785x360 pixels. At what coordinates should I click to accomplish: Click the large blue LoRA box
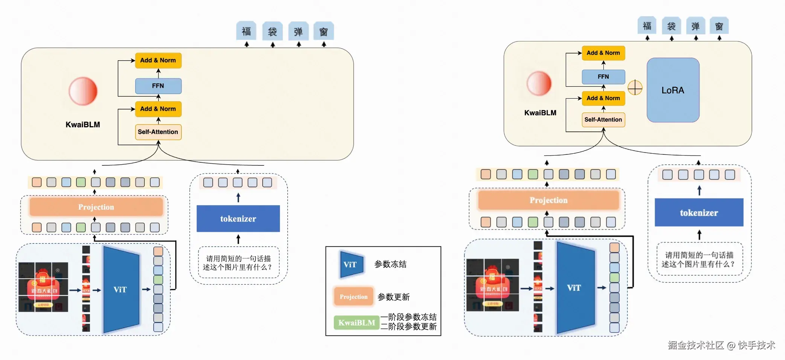(673, 90)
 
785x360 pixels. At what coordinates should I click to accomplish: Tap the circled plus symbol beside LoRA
(635, 88)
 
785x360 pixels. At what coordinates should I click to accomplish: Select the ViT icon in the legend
(351, 264)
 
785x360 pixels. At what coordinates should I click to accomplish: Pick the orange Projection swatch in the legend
(353, 297)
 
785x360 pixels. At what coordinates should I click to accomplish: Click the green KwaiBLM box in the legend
(356, 323)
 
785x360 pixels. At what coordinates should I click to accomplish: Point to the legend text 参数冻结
(390, 264)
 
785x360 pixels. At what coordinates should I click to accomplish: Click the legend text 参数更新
(393, 297)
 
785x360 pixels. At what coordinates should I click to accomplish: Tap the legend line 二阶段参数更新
(408, 326)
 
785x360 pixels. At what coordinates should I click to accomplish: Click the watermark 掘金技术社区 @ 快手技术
(721, 345)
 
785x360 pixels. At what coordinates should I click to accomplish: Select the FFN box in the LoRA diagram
(603, 77)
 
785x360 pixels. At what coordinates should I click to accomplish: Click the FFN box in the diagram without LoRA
(158, 86)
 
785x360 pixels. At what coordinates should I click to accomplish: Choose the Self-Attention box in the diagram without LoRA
(158, 132)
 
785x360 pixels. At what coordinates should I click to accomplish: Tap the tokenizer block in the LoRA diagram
(699, 213)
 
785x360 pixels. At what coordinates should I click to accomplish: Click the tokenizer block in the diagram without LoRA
(238, 219)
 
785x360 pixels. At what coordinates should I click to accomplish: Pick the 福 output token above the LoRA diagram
(647, 26)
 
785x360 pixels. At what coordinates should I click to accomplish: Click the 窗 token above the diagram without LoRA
(324, 32)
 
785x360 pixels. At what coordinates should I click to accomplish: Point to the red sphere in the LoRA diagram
(539, 83)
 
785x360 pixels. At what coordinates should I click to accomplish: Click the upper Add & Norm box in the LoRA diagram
(603, 53)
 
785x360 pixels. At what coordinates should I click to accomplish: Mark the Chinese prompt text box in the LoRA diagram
(699, 259)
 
